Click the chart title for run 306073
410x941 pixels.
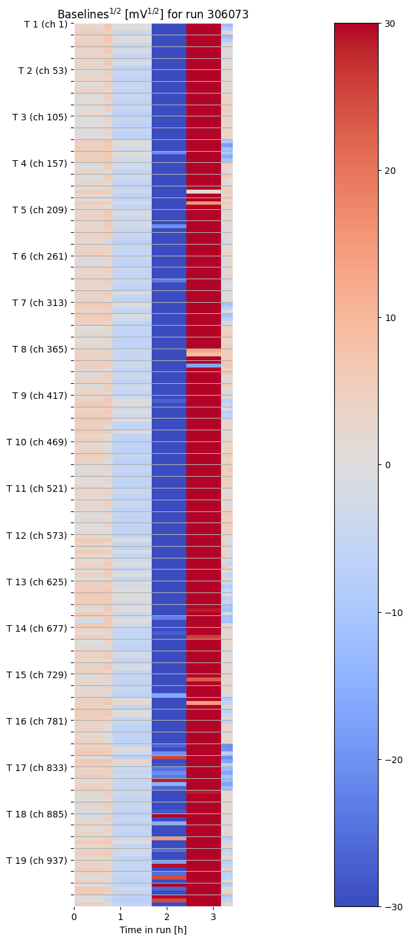click(x=153, y=14)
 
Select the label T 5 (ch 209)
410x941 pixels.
click(x=40, y=210)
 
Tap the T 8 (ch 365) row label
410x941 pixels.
click(x=40, y=349)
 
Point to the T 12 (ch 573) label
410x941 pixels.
click(x=37, y=536)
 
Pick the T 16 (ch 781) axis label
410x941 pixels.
click(x=37, y=721)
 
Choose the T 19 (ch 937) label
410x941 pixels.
click(x=37, y=861)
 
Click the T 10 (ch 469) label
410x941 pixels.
click(x=37, y=442)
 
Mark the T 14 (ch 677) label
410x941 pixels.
click(x=37, y=628)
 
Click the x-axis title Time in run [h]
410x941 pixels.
click(x=153, y=930)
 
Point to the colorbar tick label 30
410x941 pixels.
click(x=390, y=24)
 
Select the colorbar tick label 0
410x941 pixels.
click(x=386, y=465)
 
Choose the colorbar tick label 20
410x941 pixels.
click(x=390, y=171)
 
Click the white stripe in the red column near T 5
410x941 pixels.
click(x=203, y=192)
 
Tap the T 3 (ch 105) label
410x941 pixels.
click(x=40, y=117)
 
